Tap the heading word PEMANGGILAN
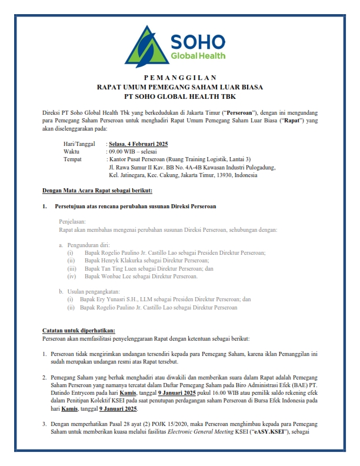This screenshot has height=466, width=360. [180, 78]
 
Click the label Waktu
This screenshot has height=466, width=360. [71, 151]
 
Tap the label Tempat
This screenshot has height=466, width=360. [72, 159]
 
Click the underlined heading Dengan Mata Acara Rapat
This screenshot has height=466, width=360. [98, 191]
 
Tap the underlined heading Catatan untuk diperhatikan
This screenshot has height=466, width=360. [79, 331]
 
